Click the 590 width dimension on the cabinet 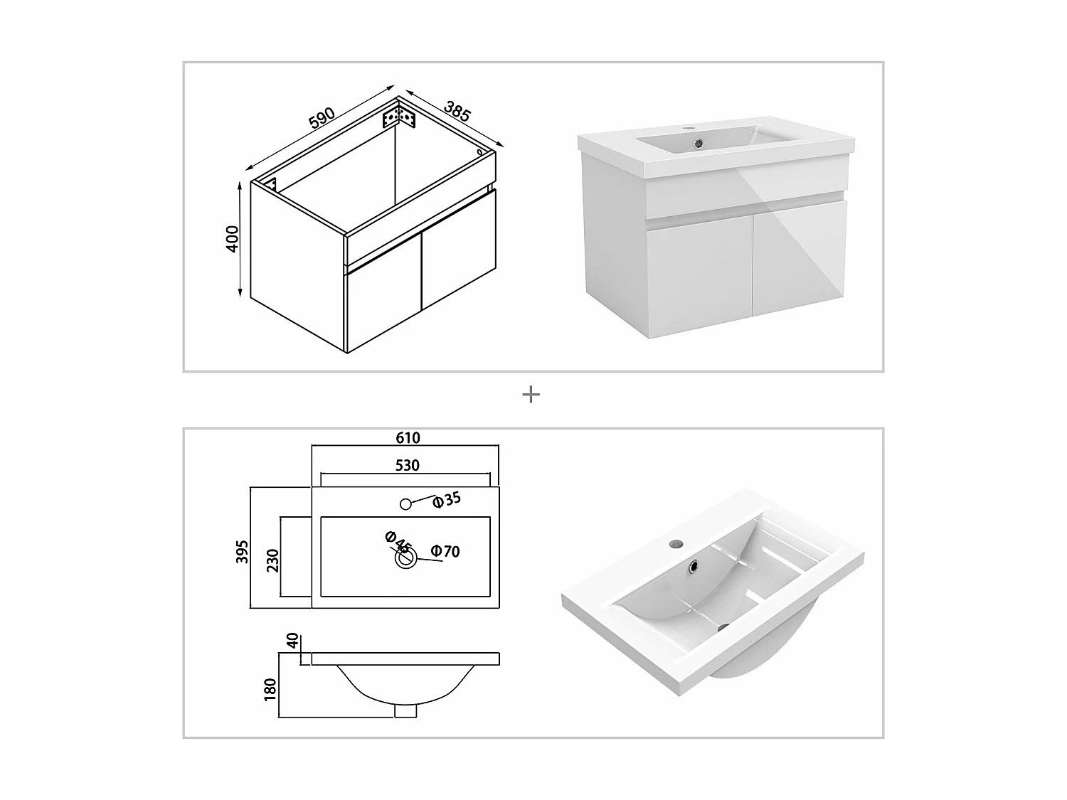click(322, 118)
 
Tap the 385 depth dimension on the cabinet click(457, 111)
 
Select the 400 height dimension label click(233, 239)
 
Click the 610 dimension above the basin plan click(408, 437)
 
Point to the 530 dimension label click(408, 465)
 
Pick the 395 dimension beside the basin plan click(242, 551)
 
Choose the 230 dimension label click(272, 560)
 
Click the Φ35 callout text click(447, 500)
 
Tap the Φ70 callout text click(445, 551)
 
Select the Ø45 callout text click(398, 542)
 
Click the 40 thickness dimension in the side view click(292, 640)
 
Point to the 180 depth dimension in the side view click(270, 690)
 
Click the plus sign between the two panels click(531, 395)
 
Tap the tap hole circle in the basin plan click(405, 504)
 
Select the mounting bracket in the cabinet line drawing click(400, 117)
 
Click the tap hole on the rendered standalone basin click(675, 543)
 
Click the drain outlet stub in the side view click(405, 710)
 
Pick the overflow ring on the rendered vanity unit click(699, 143)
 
